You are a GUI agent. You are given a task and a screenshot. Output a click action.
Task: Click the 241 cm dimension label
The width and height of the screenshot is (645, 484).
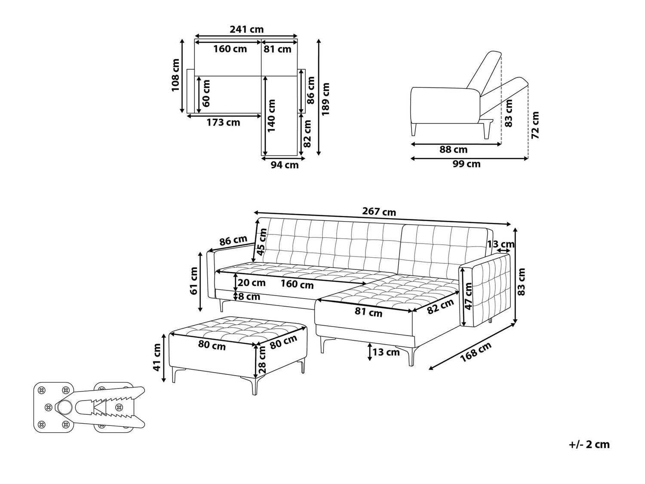tap(246, 29)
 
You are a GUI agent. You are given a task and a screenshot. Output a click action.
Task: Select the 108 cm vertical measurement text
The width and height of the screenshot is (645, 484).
tap(176, 75)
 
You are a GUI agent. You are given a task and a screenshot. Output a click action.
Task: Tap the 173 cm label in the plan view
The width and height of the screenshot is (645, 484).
tap(223, 122)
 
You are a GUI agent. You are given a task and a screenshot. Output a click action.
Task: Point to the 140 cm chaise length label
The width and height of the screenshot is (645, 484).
tap(272, 115)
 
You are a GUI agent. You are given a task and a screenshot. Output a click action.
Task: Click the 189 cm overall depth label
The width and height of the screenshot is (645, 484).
tap(326, 99)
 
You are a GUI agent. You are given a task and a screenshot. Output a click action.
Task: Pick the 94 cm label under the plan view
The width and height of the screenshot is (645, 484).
tap(285, 165)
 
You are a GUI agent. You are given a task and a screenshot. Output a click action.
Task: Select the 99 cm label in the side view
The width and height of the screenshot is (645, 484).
tap(467, 163)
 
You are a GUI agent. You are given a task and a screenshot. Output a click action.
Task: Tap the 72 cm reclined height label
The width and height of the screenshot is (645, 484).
tap(535, 125)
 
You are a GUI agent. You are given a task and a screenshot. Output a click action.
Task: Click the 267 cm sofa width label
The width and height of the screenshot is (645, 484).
tap(379, 212)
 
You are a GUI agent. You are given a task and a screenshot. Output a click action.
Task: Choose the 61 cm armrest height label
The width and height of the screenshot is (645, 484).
tap(194, 281)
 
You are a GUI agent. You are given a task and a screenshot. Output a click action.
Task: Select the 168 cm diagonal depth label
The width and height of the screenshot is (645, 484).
tap(476, 352)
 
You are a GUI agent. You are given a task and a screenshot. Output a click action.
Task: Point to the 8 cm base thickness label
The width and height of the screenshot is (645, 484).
tap(249, 296)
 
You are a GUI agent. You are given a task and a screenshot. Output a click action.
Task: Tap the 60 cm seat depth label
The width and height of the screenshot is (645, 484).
tap(206, 93)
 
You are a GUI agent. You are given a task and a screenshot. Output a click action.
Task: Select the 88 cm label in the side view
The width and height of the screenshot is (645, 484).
tap(453, 149)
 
